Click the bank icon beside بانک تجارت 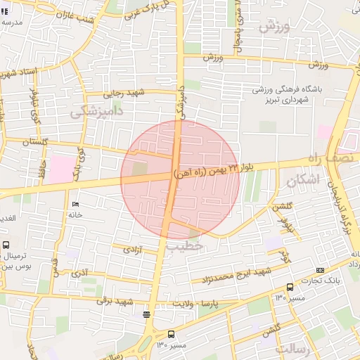coord(321,270)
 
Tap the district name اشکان coord(303,180)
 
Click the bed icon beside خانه coord(75,205)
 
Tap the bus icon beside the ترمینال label coord(6,245)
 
